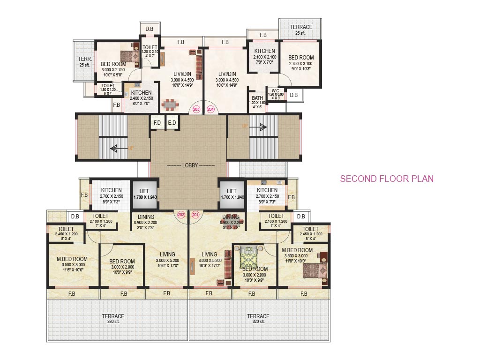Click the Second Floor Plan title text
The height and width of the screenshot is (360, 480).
point(386,179)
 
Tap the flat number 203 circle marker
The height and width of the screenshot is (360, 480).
point(196,109)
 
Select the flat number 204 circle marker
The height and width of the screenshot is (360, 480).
point(210,109)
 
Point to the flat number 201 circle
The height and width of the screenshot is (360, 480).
point(195,215)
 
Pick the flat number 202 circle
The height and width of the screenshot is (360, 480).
point(182,215)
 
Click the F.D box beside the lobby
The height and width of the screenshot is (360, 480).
point(157,123)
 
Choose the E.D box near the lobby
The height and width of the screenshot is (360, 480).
point(172,123)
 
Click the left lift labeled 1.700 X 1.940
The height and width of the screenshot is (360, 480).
point(144,194)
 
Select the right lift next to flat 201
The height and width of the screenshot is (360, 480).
point(232,194)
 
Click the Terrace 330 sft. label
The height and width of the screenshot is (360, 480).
point(113,319)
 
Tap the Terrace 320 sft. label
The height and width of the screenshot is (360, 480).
point(258,319)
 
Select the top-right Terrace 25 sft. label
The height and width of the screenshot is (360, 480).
point(300,30)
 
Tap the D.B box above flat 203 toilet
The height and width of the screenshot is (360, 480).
point(149,29)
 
